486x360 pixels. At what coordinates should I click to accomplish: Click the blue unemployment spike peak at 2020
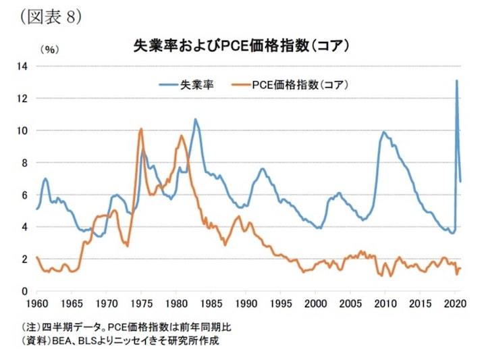457,81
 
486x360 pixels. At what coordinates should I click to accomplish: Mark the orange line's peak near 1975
140,129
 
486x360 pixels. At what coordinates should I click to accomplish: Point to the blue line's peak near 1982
196,120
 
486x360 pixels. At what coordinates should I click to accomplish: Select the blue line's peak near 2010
383,132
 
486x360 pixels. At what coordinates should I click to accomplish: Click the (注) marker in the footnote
31,327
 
